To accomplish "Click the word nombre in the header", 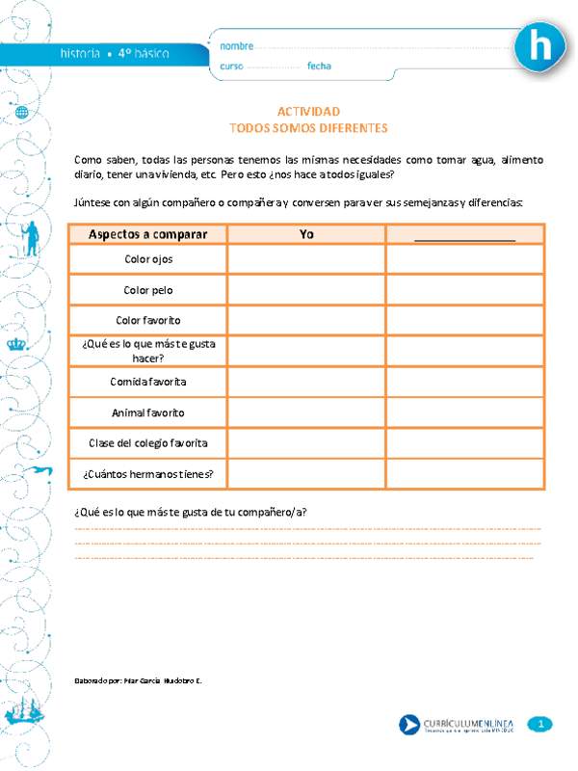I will [237, 46].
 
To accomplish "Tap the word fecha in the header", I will [319, 66].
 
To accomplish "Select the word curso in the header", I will [231, 66].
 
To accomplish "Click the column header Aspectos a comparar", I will [148, 234].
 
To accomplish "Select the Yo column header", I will [306, 234].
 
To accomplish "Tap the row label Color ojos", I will [148, 259].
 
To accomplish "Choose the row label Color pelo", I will [148, 289].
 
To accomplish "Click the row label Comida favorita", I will [148, 382].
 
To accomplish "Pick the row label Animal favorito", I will [148, 412].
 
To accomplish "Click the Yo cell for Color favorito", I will [306, 320].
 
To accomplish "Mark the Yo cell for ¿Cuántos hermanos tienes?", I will [306, 473].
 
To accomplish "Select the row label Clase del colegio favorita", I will [148, 443].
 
